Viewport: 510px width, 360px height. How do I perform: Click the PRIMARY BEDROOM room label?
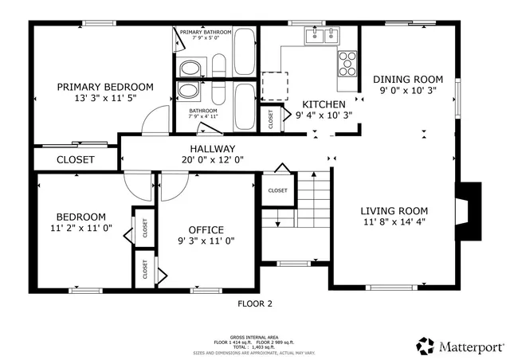pos(105,87)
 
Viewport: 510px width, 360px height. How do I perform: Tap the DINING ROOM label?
pos(407,79)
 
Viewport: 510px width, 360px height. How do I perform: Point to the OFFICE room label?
pos(206,230)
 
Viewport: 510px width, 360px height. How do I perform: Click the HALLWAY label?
pos(212,149)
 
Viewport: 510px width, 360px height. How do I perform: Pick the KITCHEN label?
pos(324,104)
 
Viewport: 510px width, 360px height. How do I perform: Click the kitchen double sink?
pos(322,35)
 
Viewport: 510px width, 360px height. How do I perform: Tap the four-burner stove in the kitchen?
pos(347,62)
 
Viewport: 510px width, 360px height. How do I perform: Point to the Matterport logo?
pos(460,346)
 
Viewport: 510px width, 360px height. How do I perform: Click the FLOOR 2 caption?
pos(255,303)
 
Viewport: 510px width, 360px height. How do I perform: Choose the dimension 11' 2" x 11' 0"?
pos(80,228)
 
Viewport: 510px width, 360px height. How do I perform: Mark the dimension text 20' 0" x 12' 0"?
pos(212,159)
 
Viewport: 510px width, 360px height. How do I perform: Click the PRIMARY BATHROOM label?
pos(206,32)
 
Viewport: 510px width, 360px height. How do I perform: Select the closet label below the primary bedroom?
pos(75,159)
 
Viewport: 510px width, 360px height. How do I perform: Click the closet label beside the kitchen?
pos(272,120)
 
